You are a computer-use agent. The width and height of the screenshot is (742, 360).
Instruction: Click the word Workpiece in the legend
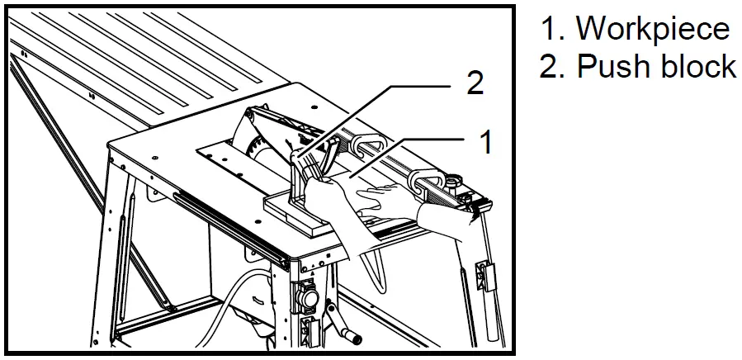[x=652, y=28]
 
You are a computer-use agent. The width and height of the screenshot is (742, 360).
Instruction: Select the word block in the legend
[x=695, y=66]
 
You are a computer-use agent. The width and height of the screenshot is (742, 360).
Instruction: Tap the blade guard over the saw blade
[x=272, y=124]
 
